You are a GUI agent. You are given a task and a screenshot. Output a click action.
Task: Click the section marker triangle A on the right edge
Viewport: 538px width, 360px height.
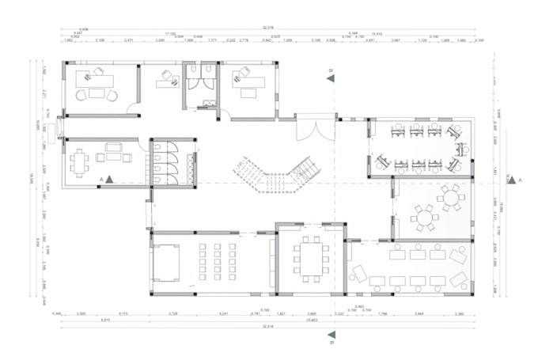tap(511, 180)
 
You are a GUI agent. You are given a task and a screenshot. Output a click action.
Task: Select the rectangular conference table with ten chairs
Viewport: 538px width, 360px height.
tap(310, 256)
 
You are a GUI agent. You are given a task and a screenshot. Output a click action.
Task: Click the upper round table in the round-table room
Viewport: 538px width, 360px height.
tap(451, 197)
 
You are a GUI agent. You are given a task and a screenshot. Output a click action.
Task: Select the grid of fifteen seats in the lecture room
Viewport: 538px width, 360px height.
tap(215, 262)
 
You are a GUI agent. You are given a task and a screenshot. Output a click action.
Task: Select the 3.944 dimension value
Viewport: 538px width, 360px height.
tap(419, 313)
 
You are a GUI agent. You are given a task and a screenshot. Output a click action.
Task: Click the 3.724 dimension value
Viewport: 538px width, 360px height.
tap(173, 313)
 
